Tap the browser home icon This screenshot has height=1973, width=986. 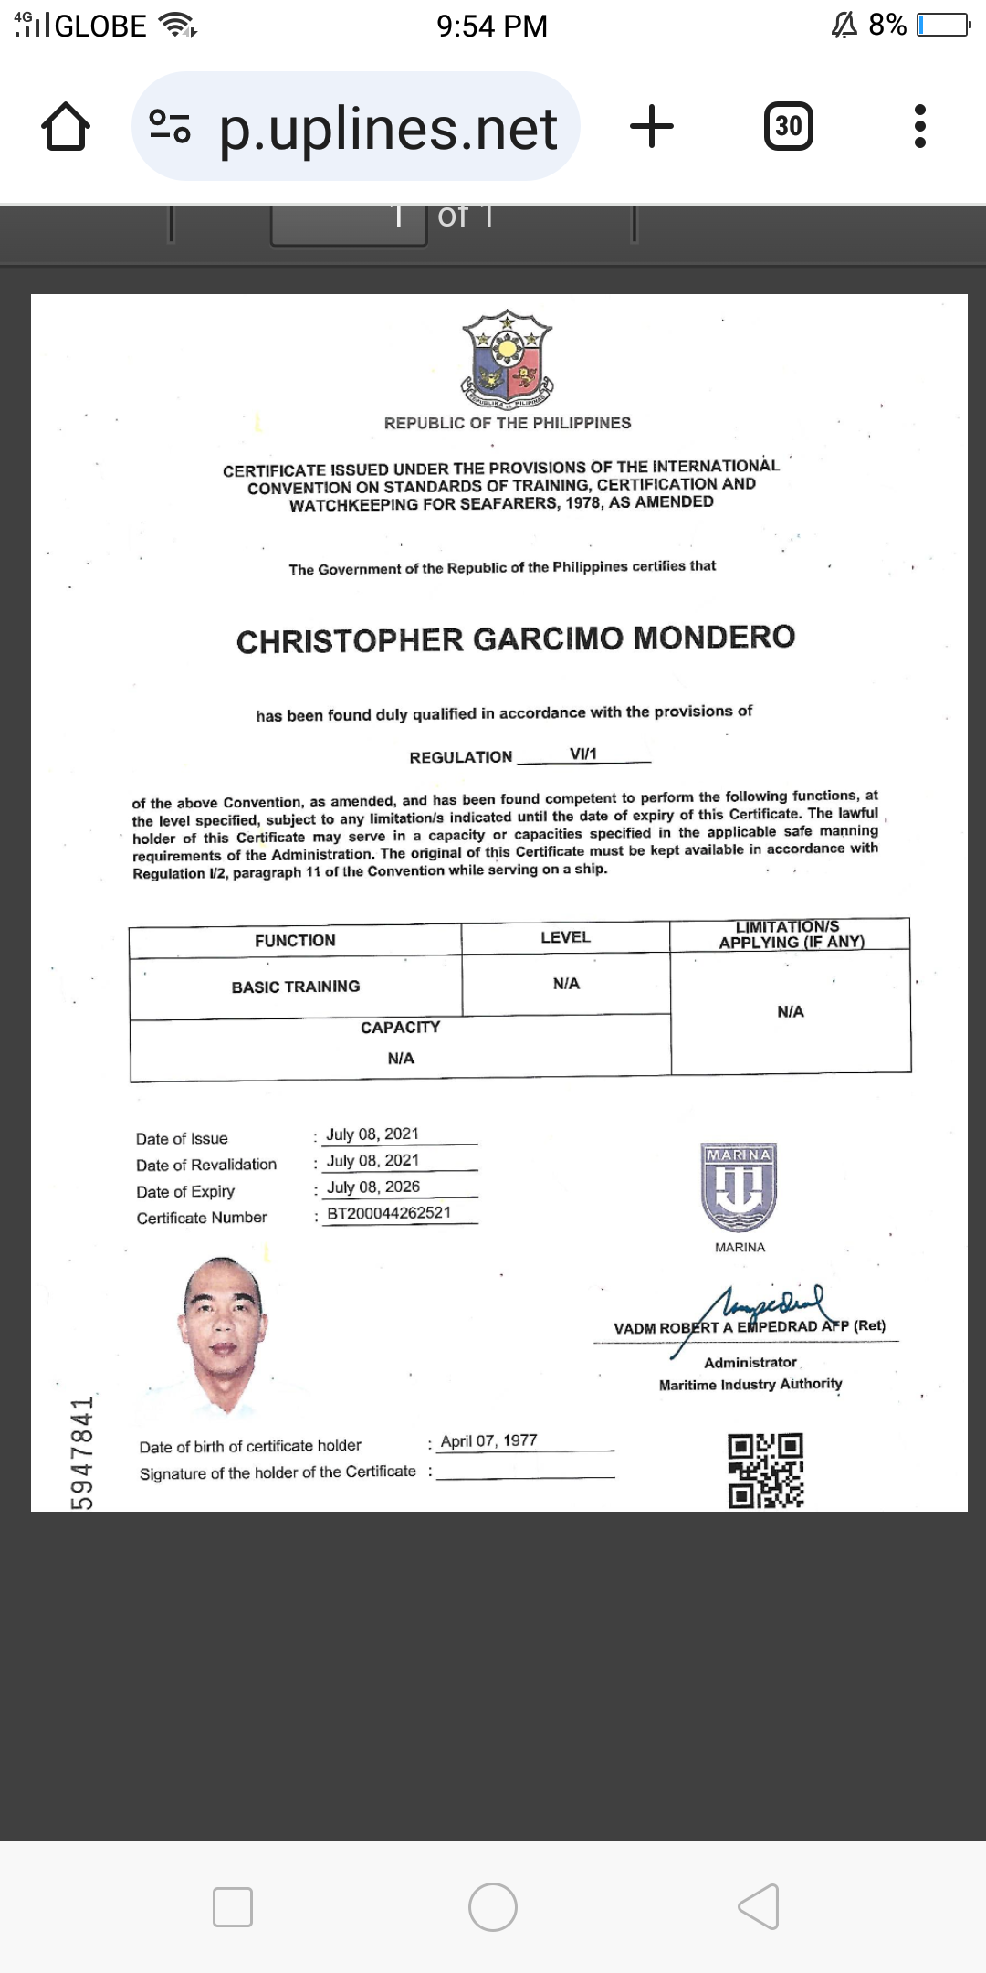click(x=66, y=126)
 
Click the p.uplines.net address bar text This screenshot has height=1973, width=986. click(x=388, y=128)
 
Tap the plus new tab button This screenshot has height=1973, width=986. click(x=652, y=126)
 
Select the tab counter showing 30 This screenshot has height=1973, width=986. click(x=789, y=126)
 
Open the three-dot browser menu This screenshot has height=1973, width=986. click(x=919, y=126)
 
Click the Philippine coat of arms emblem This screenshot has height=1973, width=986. click(x=508, y=358)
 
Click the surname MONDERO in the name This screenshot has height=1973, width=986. click(x=714, y=637)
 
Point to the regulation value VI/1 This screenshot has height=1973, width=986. click(x=582, y=754)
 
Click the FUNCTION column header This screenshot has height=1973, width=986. click(x=295, y=940)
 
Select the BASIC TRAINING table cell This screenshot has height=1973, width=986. click(x=295, y=986)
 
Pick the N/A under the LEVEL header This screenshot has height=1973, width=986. click(x=566, y=983)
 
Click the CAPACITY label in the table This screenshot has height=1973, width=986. click(x=400, y=1028)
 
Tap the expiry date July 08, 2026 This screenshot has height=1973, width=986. click(x=373, y=1187)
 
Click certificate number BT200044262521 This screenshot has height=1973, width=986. click(x=389, y=1213)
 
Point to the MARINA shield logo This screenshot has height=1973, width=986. click(x=739, y=1187)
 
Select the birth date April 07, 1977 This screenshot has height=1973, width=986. click(x=488, y=1440)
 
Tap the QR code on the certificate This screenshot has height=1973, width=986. click(x=765, y=1471)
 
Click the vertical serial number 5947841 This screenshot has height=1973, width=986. click(x=82, y=1452)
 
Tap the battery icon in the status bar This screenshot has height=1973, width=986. click(x=943, y=25)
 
